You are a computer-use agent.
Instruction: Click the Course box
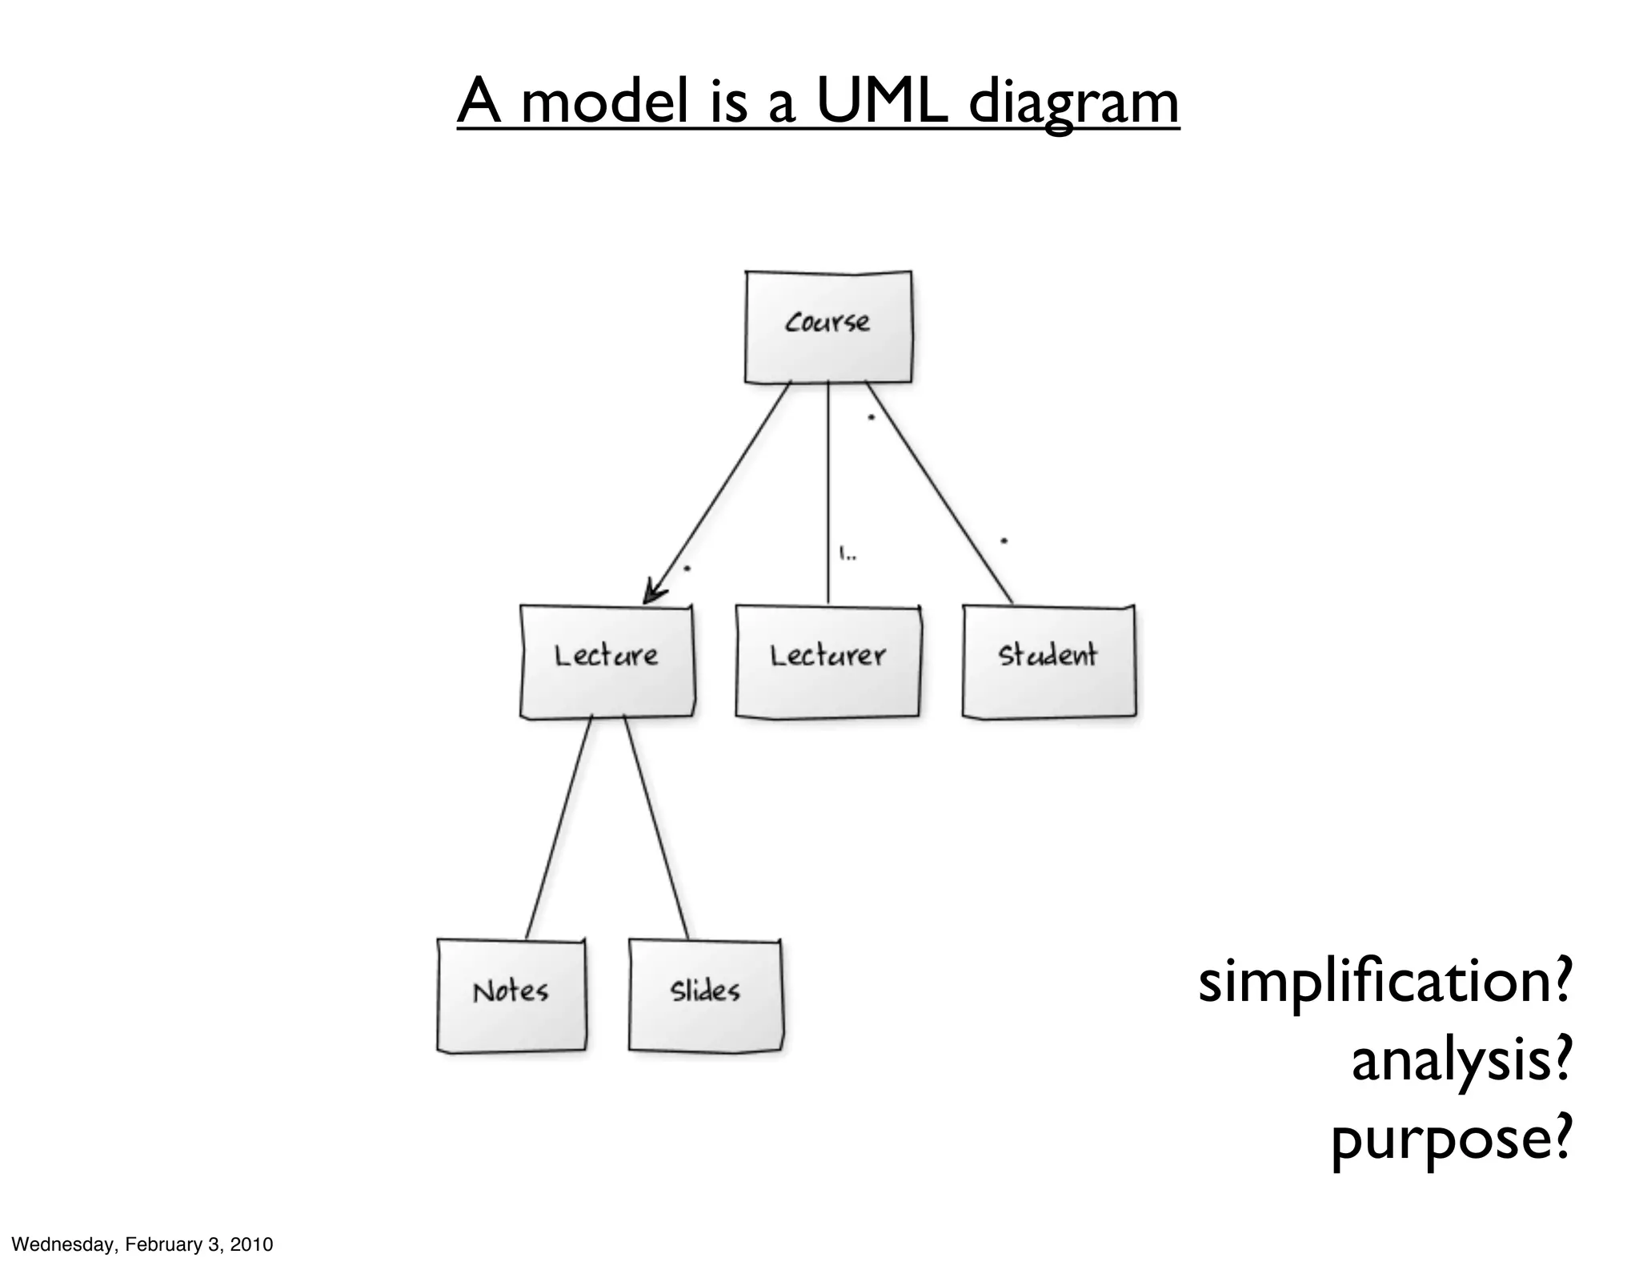click(x=828, y=327)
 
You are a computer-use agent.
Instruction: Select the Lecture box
click(x=607, y=661)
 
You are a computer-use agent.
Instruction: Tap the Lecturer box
click(x=828, y=661)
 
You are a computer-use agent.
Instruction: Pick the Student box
click(x=1048, y=661)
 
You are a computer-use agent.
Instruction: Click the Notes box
click(x=511, y=995)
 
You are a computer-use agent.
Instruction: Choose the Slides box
click(x=705, y=995)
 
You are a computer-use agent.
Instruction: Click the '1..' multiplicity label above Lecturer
click(x=848, y=553)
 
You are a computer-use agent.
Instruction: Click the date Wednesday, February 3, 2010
click(x=142, y=1244)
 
